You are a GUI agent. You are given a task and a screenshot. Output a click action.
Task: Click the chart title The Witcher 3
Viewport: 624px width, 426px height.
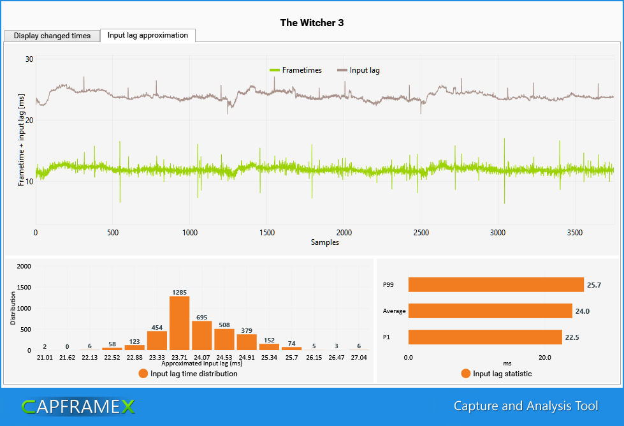point(312,23)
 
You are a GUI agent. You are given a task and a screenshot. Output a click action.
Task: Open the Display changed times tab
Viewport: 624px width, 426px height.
point(52,36)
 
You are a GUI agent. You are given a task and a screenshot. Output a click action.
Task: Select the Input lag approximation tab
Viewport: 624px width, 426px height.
point(148,35)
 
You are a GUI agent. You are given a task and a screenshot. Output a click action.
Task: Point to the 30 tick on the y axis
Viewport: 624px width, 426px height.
point(29,59)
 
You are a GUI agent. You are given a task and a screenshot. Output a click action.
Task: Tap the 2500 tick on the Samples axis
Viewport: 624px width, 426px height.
point(421,233)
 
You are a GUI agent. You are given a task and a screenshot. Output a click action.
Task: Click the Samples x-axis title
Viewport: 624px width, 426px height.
point(324,242)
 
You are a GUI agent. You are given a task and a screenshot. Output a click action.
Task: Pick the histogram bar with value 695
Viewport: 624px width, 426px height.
point(201,335)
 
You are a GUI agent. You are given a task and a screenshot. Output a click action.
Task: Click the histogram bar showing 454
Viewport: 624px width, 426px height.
point(157,340)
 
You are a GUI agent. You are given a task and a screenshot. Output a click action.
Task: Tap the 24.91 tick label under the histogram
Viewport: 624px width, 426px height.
point(247,358)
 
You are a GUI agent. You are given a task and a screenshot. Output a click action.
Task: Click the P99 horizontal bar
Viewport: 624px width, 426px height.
point(496,284)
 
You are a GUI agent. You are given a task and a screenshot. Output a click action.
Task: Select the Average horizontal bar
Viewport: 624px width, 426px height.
point(490,311)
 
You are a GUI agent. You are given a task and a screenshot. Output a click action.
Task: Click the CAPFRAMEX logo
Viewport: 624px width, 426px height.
point(78,406)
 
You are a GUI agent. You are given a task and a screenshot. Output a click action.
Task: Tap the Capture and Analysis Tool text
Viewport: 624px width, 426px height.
point(526,406)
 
